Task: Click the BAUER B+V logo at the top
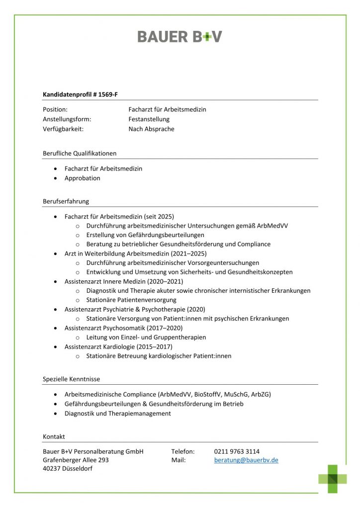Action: point(180,36)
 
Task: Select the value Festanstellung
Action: point(149,119)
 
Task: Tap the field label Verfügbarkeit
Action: point(63,129)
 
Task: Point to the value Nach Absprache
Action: point(151,129)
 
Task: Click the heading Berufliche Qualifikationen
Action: point(80,153)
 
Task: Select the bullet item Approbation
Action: point(82,178)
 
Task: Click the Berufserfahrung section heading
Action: point(66,201)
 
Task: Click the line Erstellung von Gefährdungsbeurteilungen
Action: point(145,235)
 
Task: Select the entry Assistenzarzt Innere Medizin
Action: point(107,281)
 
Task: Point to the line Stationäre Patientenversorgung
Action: point(131,300)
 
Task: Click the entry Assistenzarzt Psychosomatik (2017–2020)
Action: point(123,328)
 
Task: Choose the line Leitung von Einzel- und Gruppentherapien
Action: point(146,338)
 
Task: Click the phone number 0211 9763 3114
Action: point(237,451)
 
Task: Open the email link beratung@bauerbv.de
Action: point(246,460)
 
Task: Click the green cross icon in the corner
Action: point(333,479)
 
